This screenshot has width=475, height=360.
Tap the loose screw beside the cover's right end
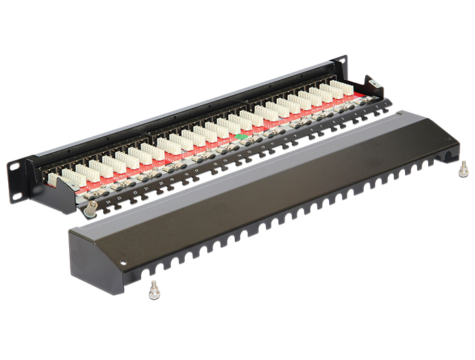(462, 167)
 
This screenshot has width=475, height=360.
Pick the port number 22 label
(136, 193)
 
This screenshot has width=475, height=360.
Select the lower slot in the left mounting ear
(16, 192)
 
